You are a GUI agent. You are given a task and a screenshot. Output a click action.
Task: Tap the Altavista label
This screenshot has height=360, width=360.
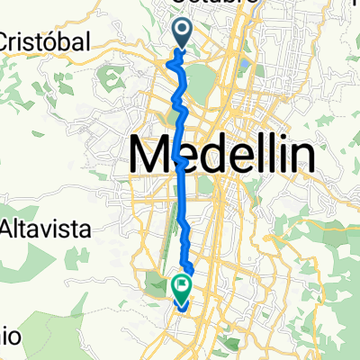[x=47, y=229]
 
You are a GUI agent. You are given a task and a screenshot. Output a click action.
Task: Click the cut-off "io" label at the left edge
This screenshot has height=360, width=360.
[x=7, y=334]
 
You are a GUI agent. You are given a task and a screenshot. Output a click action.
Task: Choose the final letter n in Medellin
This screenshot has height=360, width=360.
[x=301, y=156]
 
